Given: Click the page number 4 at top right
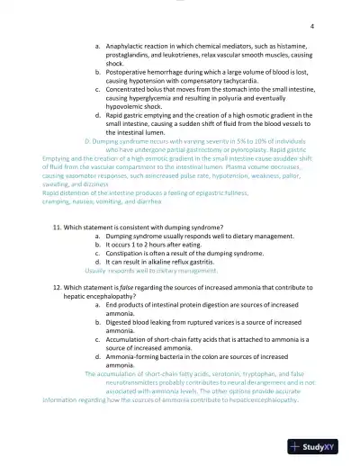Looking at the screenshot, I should [x=310, y=26].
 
